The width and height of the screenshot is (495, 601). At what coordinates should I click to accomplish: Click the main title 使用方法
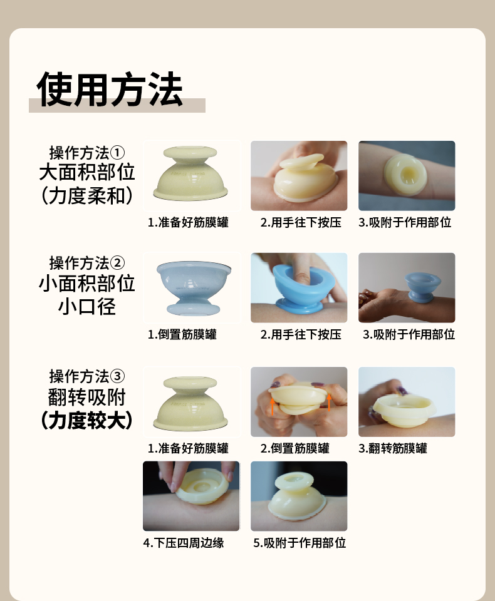[110, 90]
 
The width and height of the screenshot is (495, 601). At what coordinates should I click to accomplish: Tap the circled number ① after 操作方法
[117, 153]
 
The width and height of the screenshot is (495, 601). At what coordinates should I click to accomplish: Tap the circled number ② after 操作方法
[117, 264]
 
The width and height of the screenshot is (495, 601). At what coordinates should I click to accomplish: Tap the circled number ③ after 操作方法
[117, 376]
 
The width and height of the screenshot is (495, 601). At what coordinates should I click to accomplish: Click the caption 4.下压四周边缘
[184, 543]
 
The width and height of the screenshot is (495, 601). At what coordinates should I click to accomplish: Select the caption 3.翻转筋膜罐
[392, 448]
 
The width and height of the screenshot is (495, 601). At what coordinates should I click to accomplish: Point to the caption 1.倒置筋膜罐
[182, 334]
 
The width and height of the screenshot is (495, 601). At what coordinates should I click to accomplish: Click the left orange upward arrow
[273, 407]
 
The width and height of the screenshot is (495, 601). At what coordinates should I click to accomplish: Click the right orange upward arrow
[329, 403]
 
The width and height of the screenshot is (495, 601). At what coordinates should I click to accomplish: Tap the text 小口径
[87, 307]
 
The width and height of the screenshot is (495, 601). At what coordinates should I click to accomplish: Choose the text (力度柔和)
[87, 195]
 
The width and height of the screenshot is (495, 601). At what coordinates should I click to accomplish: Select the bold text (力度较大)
[87, 421]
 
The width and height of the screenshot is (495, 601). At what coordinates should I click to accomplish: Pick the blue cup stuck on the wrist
[422, 286]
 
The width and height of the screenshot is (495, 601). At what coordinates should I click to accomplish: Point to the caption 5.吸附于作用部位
[300, 543]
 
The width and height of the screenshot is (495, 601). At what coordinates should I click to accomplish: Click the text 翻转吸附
[87, 398]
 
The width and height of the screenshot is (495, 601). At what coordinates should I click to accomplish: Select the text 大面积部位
[87, 172]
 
